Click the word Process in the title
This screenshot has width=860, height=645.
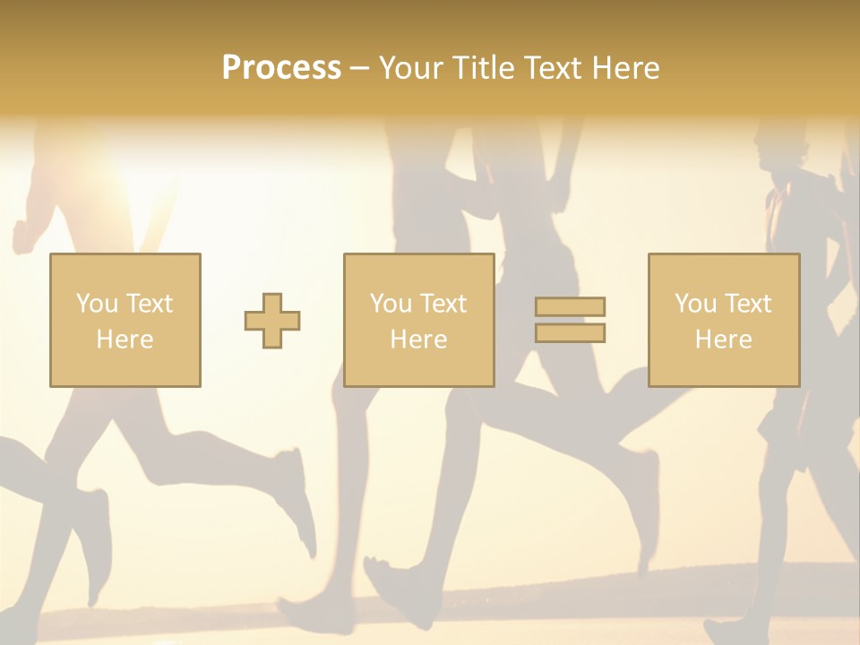(x=281, y=68)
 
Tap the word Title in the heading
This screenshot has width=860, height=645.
(x=483, y=68)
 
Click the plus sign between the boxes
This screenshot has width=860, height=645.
(x=272, y=321)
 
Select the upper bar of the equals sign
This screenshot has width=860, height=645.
(x=570, y=306)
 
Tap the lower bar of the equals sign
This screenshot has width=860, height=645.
(x=570, y=333)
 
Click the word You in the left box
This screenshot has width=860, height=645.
(x=97, y=304)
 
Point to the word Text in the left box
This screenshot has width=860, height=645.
(x=149, y=304)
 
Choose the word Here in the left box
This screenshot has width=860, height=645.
(x=125, y=340)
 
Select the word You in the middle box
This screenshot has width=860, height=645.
(x=391, y=304)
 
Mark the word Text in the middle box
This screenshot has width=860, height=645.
(x=443, y=304)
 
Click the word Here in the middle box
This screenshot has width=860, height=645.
(x=418, y=340)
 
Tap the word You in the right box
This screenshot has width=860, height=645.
(x=695, y=304)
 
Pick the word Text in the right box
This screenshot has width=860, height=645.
(x=747, y=304)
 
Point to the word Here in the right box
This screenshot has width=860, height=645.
(x=723, y=340)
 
